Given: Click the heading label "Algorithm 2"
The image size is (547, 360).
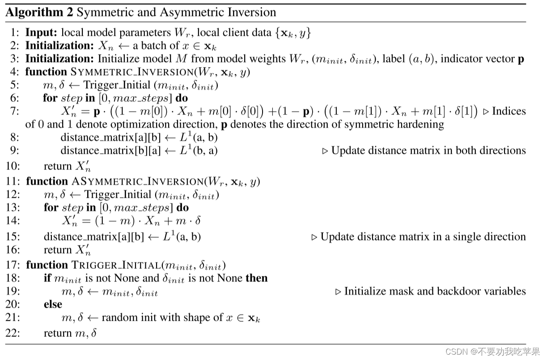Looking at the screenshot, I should point(39,12).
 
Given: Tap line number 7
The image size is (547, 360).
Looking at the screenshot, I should point(15,111).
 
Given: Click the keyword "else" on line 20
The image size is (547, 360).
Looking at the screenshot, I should point(53,304).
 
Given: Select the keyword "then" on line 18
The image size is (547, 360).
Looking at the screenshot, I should point(256,278).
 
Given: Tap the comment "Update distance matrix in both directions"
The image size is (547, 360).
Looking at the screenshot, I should point(428,151).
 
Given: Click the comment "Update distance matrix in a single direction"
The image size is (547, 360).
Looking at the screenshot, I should point(423,237).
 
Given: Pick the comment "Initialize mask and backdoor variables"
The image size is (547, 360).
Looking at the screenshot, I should point(435,291).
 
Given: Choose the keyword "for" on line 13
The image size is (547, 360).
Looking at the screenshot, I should point(51,208).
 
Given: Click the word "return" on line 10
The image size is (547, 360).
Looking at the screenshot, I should point(57,166).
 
